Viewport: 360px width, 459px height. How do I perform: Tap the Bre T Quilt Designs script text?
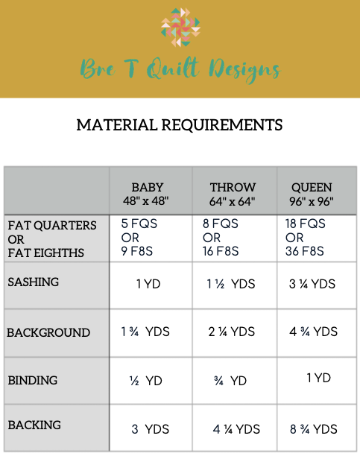[x=180, y=69]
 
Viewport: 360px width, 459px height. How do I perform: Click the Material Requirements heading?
[x=180, y=124]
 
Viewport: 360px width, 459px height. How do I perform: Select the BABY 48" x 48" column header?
[x=148, y=194]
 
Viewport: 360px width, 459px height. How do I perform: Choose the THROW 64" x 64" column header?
[x=233, y=194]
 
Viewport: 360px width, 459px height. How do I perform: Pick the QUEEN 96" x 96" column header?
[x=312, y=194]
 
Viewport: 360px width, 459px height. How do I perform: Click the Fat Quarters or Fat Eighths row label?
[x=52, y=238]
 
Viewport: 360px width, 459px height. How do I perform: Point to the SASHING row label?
[x=33, y=282]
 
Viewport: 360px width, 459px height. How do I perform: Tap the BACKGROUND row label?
[x=48, y=332]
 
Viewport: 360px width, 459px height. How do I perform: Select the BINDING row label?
[x=33, y=380]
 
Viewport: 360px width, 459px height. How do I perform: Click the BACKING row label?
[x=34, y=425]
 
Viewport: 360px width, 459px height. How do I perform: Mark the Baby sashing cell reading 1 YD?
[x=149, y=284]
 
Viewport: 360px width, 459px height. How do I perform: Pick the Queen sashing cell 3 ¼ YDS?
[x=311, y=284]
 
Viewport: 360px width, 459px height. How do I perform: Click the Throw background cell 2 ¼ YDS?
[x=233, y=332]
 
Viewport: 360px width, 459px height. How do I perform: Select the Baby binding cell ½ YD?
[x=145, y=381]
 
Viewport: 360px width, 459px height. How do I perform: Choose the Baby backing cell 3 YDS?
[x=151, y=429]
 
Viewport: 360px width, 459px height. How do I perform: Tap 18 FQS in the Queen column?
[x=306, y=224]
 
